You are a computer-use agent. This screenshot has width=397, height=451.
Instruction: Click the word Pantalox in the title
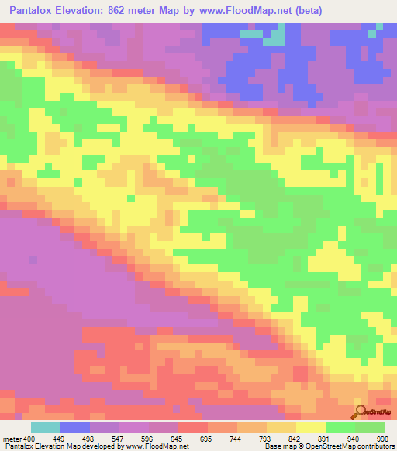(x=34, y=11)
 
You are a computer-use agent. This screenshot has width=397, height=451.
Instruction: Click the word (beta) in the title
(x=303, y=11)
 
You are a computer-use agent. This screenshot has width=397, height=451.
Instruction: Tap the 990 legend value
(x=383, y=439)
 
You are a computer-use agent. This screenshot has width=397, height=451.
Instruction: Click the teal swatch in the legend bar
(x=46, y=427)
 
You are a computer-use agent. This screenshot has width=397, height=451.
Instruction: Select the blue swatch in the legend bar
(x=75, y=427)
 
